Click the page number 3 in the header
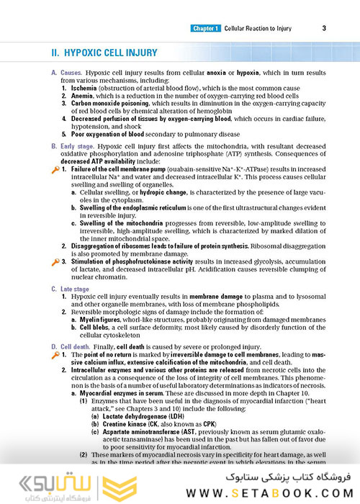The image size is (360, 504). tap(325, 29)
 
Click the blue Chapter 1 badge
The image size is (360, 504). tap(206, 29)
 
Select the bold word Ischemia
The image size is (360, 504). tap(81, 91)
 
